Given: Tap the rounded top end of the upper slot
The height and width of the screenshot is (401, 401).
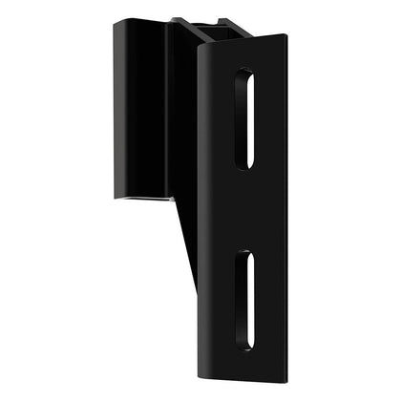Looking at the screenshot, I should [245, 74].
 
